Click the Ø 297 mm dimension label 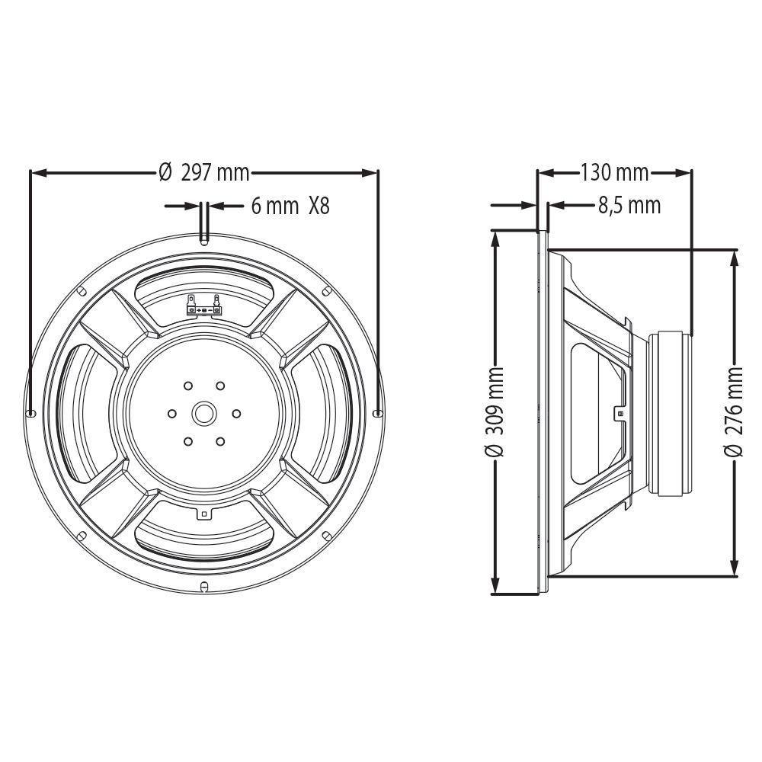point(204,173)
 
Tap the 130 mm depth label point(614,173)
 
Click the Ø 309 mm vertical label point(495,411)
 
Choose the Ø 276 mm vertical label point(735,411)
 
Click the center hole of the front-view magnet point(203,413)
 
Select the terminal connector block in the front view point(203,307)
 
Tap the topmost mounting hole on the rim point(203,241)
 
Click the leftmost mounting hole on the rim point(31,412)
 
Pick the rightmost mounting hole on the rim point(376,412)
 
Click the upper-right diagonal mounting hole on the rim point(326,290)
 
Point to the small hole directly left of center point(171,413)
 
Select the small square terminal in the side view point(620,413)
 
